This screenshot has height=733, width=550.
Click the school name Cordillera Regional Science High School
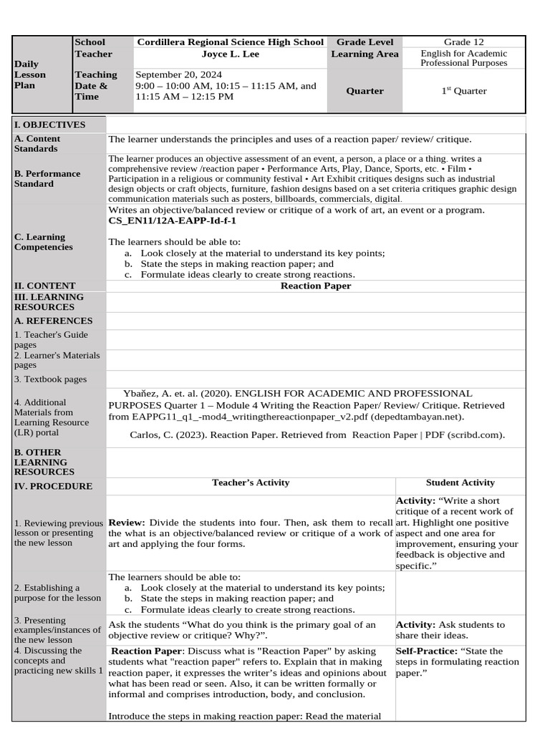(230, 42)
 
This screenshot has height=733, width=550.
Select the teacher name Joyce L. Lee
(230, 54)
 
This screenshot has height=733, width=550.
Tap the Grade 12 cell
(463, 42)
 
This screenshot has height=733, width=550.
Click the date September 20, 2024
(178, 74)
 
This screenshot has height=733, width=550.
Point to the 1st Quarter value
(463, 91)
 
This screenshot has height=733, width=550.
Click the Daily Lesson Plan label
(30, 74)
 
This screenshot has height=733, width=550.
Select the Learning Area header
(365, 54)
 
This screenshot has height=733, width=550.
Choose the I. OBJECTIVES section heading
(49, 125)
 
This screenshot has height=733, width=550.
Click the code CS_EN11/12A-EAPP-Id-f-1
(172, 221)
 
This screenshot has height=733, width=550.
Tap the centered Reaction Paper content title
(315, 286)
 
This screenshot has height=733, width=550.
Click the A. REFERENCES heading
(53, 321)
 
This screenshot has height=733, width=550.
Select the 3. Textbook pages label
(50, 379)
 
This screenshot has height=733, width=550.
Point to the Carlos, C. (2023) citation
(317, 435)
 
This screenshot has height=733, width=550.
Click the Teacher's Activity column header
(251, 482)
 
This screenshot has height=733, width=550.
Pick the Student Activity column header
(460, 482)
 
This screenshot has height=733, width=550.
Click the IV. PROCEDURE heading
(53, 486)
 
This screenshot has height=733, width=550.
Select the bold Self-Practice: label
(428, 651)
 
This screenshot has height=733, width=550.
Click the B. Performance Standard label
(47, 178)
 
